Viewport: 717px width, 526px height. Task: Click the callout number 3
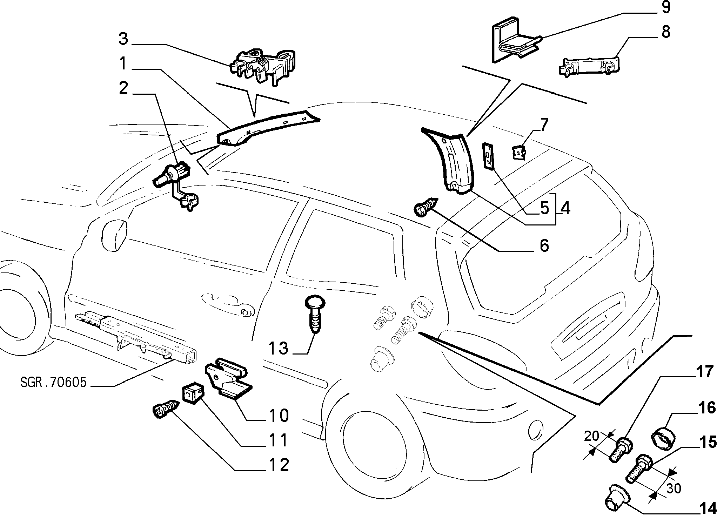[123, 39]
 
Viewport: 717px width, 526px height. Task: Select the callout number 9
[665, 7]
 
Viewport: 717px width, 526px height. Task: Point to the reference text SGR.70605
[53, 383]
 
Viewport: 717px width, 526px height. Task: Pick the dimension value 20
[591, 436]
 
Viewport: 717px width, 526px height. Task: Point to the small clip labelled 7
[519, 153]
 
